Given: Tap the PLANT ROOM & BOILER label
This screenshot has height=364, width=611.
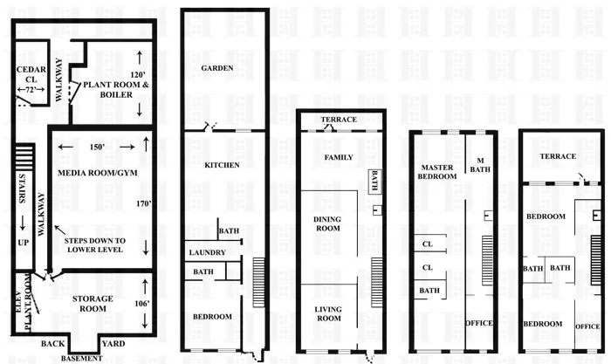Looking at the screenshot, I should (x=109, y=91).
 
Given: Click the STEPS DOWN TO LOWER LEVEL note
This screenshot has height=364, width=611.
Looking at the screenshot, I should (x=96, y=245).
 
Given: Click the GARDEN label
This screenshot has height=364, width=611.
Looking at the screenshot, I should (x=216, y=68).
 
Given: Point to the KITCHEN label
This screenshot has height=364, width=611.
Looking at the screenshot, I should (x=222, y=165).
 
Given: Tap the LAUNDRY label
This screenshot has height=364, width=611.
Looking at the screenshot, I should (x=208, y=253).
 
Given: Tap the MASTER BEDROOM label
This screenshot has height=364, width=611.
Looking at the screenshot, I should (x=438, y=171).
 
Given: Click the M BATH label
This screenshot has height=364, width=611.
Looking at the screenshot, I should (x=480, y=166).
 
